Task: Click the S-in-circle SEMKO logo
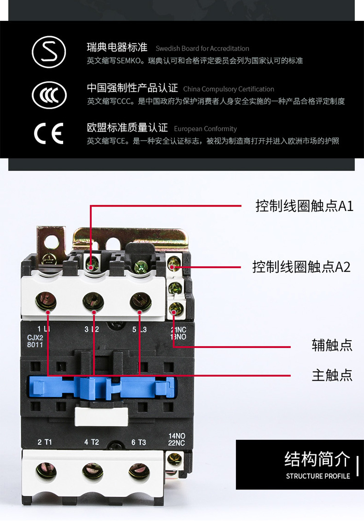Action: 49,51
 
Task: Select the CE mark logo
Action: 49,133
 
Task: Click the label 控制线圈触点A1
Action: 304,206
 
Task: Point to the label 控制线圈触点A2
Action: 301,267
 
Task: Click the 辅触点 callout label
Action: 332,346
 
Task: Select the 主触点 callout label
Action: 332,375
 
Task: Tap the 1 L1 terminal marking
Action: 44,330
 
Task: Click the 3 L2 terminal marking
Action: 91,330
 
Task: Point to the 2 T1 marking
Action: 45,442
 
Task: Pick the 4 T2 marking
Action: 91,442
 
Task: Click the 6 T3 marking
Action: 138,442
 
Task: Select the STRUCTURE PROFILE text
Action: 318,476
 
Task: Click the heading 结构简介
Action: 317,459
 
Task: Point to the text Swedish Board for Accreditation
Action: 202,49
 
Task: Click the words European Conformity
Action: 205,129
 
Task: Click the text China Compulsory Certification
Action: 229,89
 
